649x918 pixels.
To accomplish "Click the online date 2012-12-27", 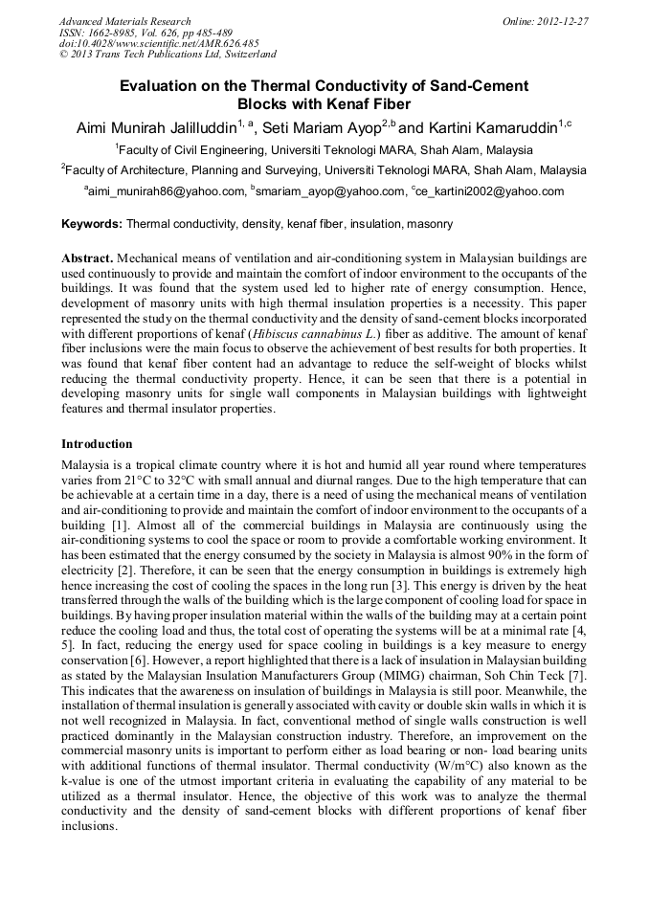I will tap(559, 21).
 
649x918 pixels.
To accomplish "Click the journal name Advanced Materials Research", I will tap(125, 21).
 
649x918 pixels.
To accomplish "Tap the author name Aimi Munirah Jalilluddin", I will tap(157, 128).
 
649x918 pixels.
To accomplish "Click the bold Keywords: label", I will tap(92, 224).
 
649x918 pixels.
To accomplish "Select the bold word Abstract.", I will tap(87, 259).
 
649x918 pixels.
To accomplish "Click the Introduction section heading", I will tap(97, 444).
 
